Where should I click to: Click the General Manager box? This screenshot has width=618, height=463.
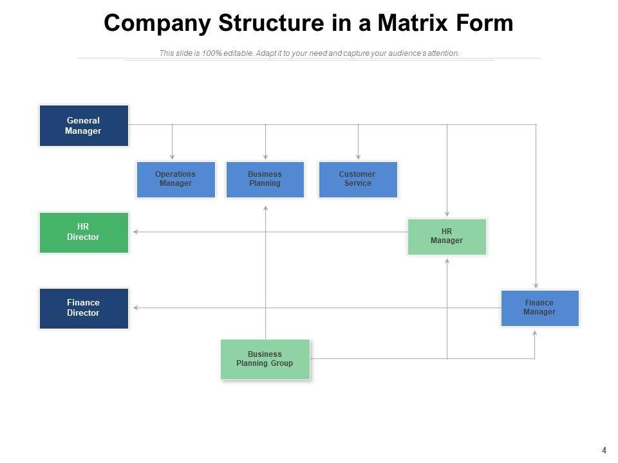(84, 125)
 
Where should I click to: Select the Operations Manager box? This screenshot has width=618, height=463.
(176, 179)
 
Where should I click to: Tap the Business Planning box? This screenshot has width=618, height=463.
(265, 179)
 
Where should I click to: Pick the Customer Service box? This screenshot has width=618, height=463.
(358, 179)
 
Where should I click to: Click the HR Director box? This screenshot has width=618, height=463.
(84, 233)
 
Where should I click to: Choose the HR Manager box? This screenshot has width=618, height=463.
(447, 237)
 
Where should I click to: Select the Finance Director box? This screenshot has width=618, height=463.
(84, 309)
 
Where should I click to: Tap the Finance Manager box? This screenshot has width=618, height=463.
(540, 308)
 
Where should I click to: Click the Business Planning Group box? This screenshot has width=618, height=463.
(265, 359)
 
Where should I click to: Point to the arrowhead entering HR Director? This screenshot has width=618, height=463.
(136, 232)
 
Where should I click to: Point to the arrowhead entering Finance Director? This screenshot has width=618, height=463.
(136, 308)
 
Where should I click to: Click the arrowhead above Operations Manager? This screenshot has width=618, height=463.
(173, 157)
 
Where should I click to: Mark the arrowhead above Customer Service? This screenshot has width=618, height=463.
(359, 157)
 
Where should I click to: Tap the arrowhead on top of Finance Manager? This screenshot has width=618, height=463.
(536, 286)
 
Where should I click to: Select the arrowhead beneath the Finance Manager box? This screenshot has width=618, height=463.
(535, 333)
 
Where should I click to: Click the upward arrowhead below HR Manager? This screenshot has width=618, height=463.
(447, 261)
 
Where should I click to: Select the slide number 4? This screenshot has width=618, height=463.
(604, 450)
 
